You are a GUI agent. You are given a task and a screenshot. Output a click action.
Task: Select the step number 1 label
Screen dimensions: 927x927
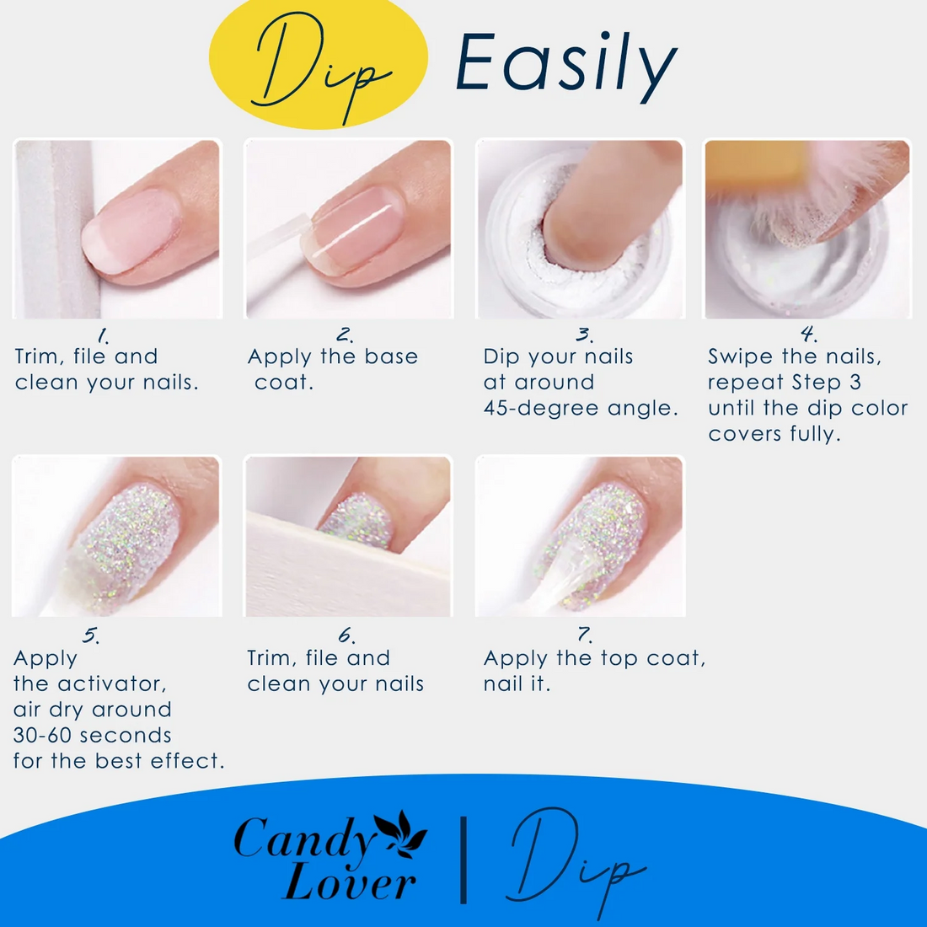(x=104, y=336)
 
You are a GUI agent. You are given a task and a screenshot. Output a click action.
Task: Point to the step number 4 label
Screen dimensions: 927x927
(x=809, y=334)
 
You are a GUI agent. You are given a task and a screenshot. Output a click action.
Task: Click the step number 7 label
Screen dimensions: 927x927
(x=585, y=635)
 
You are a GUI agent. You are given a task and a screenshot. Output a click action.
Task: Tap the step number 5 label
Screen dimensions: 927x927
(x=90, y=635)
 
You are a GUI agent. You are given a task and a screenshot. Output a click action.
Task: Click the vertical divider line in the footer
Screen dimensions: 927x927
(x=463, y=860)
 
